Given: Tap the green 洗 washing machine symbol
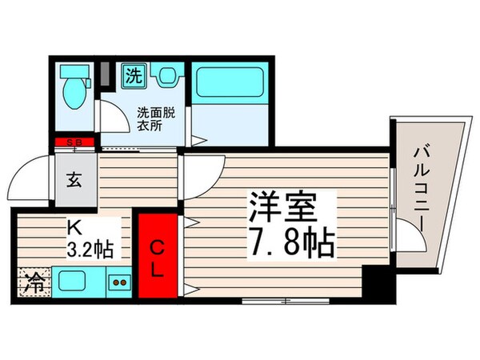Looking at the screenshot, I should (131, 77).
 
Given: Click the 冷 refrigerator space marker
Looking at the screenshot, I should (30, 282).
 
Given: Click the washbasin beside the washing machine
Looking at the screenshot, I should (166, 77).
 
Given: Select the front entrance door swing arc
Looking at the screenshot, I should (32, 174).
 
